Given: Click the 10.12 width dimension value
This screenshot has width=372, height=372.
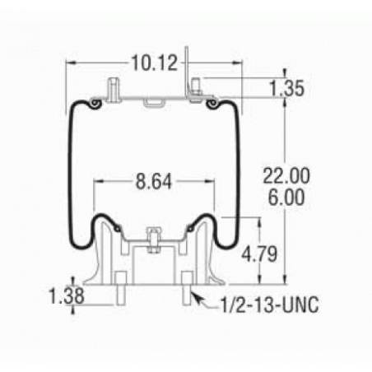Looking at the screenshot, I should [154, 62].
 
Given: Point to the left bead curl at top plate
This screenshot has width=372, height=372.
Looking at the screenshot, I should [96, 104].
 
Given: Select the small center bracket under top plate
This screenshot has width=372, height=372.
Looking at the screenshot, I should [153, 103].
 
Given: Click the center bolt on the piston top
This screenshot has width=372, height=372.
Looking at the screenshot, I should [153, 235].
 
